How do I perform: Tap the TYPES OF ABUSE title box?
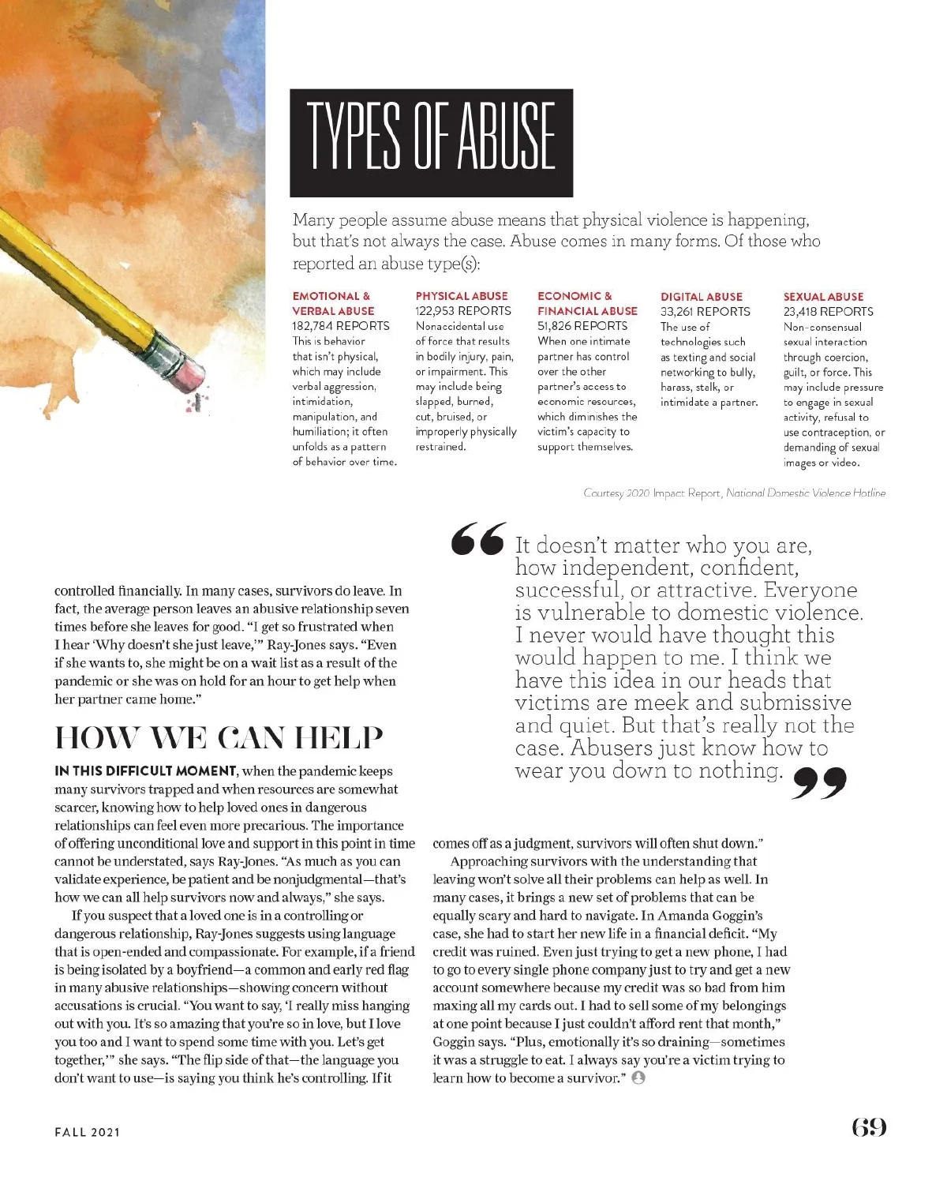pos(431,143)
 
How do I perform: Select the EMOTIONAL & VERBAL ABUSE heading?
pos(333,303)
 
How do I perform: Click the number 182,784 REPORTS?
pos(341,326)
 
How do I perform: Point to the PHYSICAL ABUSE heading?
pos(462,296)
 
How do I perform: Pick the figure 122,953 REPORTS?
pos(463,311)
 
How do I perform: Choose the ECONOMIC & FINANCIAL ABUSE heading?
pos(587,303)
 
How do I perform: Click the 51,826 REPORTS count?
pos(582,326)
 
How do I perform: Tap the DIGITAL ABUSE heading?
pos(702,297)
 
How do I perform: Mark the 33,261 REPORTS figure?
pos(706,312)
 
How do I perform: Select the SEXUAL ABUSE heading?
pos(823,297)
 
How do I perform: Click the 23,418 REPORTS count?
pos(828,312)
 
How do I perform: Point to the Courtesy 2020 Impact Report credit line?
pos(734,493)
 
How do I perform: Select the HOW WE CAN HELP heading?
pos(219,738)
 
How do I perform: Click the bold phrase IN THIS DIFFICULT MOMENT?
pos(146,771)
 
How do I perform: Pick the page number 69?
pos(869,1127)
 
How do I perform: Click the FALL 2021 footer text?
pos(88,1132)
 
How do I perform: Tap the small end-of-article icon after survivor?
pos(638,1078)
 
